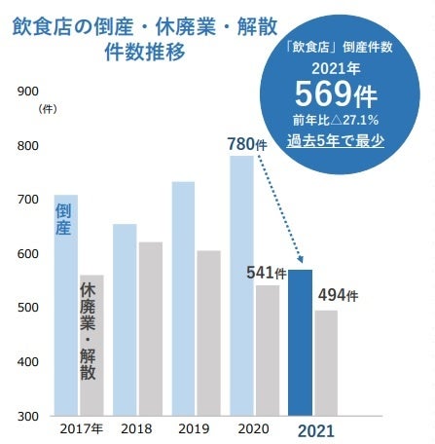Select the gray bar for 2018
150,328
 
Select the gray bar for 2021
326,362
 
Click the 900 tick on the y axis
29,92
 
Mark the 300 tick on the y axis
29,416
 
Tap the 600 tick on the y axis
29,254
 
